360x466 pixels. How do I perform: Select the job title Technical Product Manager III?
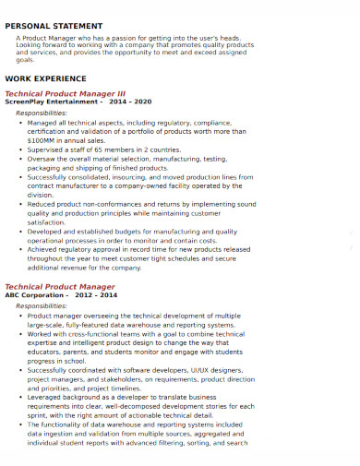point(65,93)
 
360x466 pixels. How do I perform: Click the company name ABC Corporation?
point(36,269)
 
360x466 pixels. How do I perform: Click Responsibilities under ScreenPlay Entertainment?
point(42,112)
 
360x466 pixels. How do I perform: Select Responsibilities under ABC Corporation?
point(42,279)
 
